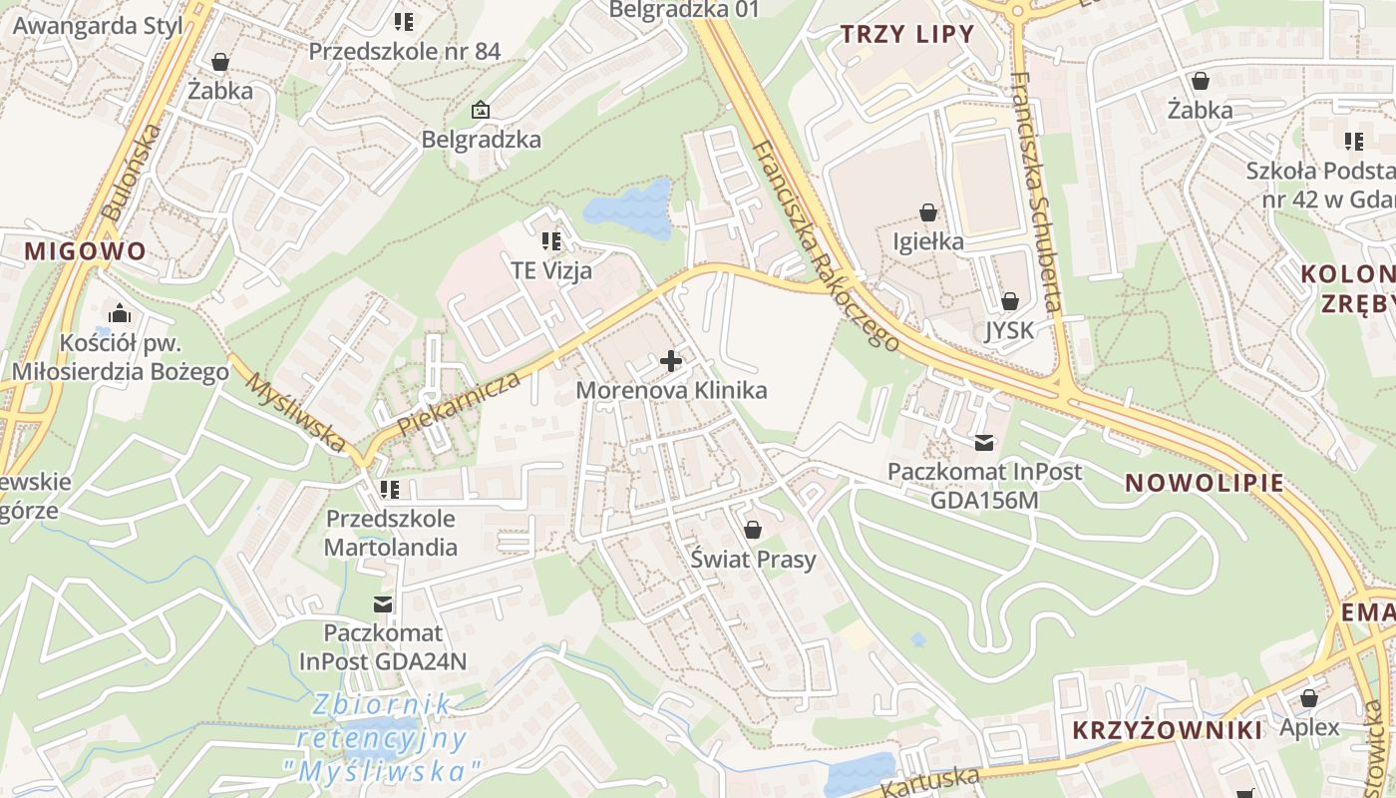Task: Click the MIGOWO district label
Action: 86,250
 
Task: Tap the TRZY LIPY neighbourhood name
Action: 906,34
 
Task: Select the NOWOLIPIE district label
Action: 1204,483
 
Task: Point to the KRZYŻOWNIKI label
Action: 1168,730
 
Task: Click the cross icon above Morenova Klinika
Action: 671,361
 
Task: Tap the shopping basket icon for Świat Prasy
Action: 753,530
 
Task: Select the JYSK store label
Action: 1009,330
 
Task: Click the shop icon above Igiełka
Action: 928,212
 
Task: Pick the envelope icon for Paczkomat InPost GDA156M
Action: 984,442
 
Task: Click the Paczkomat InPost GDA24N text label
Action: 383,646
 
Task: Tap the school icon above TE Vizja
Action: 550,241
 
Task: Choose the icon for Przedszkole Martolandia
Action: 390,490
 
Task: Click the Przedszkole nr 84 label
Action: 404,51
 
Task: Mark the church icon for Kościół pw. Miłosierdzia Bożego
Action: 120,313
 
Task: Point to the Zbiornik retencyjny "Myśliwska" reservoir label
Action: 382,737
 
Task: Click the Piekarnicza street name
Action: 459,404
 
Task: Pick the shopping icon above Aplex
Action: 1309,698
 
